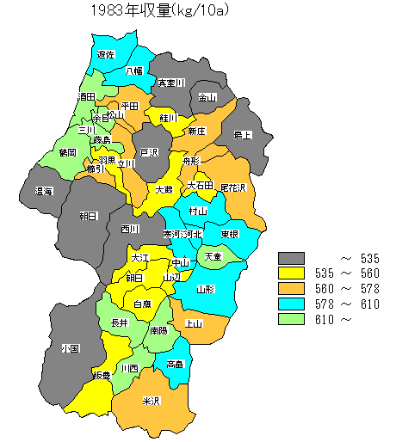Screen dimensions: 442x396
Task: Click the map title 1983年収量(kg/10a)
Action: tap(164, 11)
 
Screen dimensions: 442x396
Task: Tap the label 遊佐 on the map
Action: tap(106, 54)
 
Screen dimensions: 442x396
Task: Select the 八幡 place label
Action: tap(134, 71)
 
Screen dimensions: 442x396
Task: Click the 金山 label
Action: tap(207, 97)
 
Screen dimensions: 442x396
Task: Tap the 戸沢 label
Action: tap(150, 152)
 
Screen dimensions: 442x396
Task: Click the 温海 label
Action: tap(43, 191)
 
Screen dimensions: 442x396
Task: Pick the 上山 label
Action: tap(194, 323)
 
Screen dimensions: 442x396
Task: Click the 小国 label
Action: tap(71, 349)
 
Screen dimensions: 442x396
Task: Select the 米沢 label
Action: tap(151, 401)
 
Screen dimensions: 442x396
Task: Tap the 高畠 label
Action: tap(175, 364)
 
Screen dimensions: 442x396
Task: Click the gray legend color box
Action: tap(292, 258)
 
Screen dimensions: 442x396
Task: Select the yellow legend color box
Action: tap(292, 273)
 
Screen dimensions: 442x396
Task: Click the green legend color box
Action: tap(292, 320)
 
